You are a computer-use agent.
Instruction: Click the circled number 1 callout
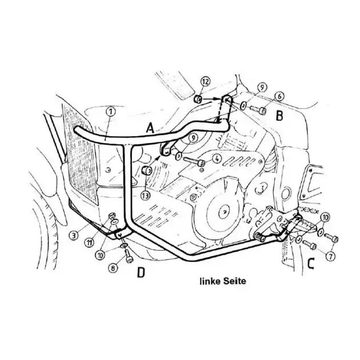(x=111, y=112)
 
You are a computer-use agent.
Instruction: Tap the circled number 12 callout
(x=205, y=81)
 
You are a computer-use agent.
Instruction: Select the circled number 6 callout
(x=279, y=97)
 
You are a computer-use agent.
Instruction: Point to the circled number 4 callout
(x=217, y=159)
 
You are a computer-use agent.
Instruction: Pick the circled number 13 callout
(x=145, y=195)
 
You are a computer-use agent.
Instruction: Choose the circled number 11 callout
(x=90, y=242)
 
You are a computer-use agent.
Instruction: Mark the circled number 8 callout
(x=113, y=267)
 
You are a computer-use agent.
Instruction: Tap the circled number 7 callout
(x=331, y=256)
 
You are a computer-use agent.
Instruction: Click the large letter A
(x=150, y=128)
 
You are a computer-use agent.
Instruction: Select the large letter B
(x=279, y=116)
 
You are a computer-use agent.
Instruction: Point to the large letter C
(x=310, y=264)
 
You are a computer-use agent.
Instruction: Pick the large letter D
(x=141, y=273)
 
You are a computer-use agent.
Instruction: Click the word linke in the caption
(x=209, y=281)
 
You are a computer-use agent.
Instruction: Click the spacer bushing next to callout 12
(x=198, y=99)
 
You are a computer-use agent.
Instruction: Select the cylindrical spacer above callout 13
(x=147, y=171)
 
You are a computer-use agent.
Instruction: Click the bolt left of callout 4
(x=194, y=161)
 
